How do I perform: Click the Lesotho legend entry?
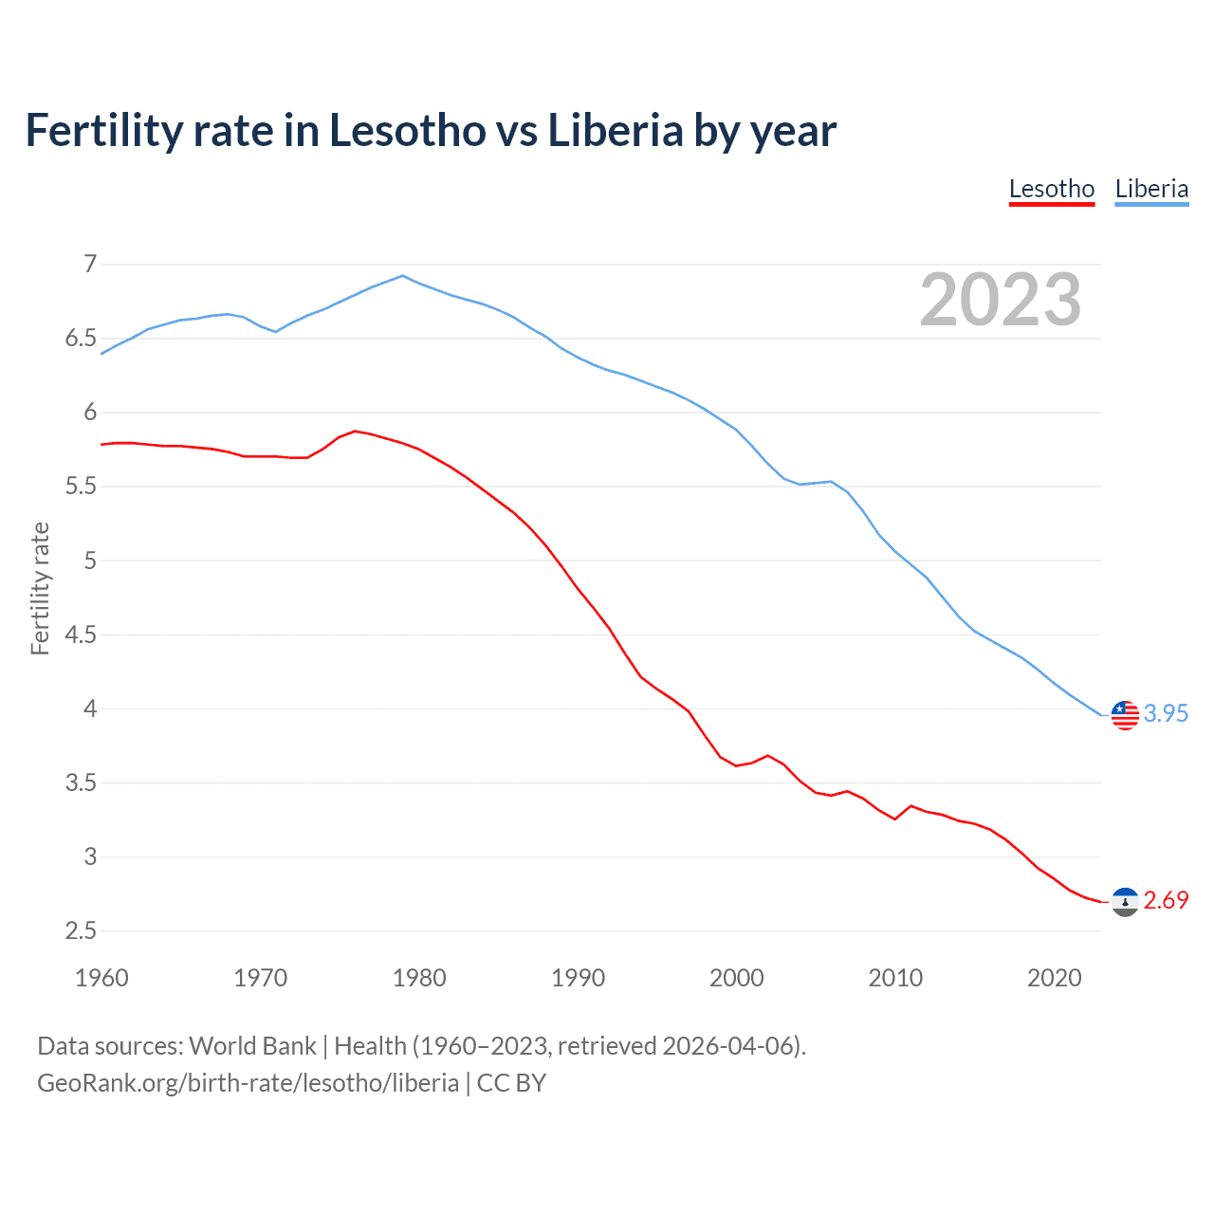point(1052,189)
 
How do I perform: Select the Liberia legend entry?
point(1151,189)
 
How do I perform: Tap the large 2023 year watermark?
point(1001,300)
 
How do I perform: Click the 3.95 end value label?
point(1166,713)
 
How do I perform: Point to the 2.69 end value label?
point(1166,900)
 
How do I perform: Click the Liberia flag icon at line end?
point(1125,715)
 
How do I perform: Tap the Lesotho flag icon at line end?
point(1125,902)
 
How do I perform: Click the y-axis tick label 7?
point(90,264)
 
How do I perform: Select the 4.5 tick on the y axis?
point(81,635)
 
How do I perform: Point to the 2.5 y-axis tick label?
point(81,930)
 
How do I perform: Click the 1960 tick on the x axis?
point(101,978)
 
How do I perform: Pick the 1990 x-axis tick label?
point(578,978)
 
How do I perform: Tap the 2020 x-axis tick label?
point(1054,978)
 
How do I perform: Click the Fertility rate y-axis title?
point(40,588)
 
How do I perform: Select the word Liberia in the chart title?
point(615,131)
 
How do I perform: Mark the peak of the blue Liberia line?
point(403,276)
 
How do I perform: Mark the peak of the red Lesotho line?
point(355,431)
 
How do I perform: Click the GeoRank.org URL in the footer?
point(248,1082)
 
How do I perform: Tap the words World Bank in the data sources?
point(252,1045)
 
